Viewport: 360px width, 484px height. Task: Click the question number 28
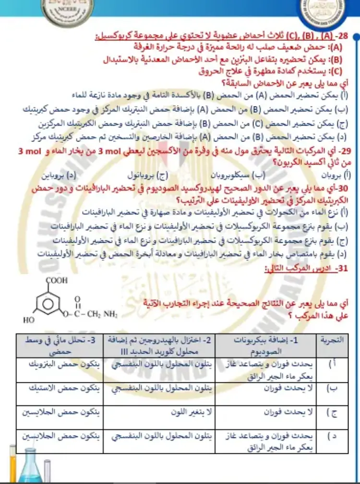click(342, 35)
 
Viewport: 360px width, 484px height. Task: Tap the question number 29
click(343, 152)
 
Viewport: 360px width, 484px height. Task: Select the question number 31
click(334, 270)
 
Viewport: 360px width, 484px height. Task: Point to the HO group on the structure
click(28, 319)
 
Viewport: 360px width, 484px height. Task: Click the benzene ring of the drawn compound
click(53, 303)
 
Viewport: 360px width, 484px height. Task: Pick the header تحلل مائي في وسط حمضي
click(60, 344)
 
